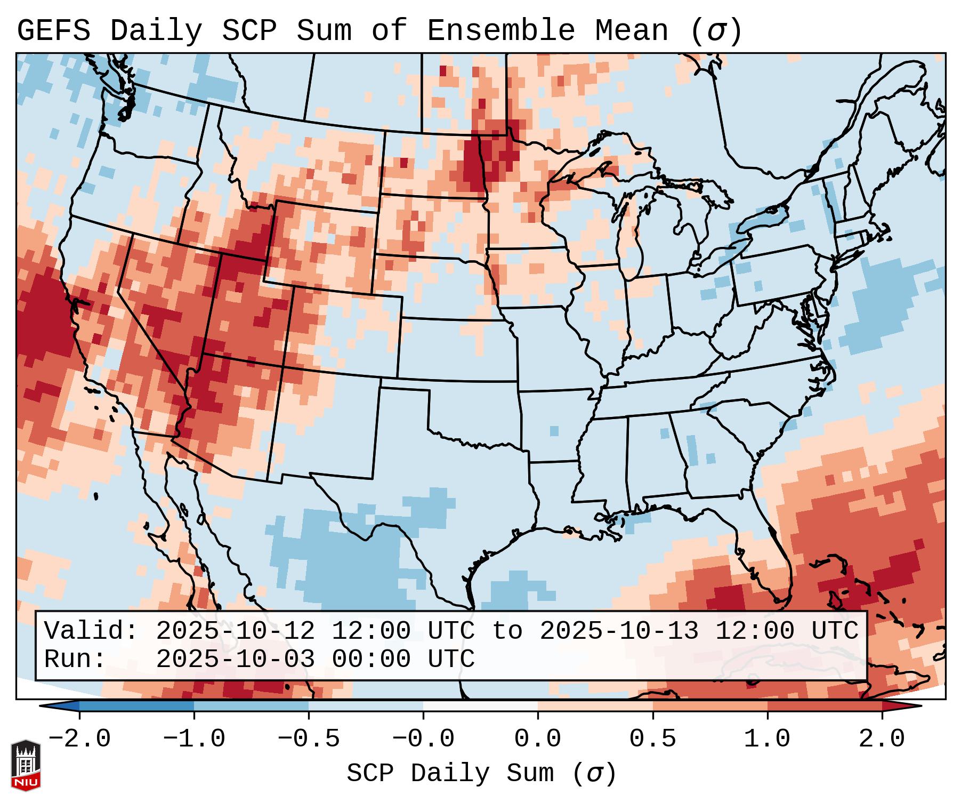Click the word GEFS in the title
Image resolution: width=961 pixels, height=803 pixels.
click(54, 31)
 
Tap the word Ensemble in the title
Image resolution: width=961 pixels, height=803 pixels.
click(500, 31)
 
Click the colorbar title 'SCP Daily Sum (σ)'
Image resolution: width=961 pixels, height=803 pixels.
click(481, 774)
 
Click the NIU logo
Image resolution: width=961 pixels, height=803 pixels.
click(26, 765)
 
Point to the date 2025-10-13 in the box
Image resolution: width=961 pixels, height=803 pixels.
click(619, 631)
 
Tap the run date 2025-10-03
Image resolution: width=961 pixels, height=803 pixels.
click(235, 660)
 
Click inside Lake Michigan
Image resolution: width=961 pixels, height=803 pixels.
click(631, 235)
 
